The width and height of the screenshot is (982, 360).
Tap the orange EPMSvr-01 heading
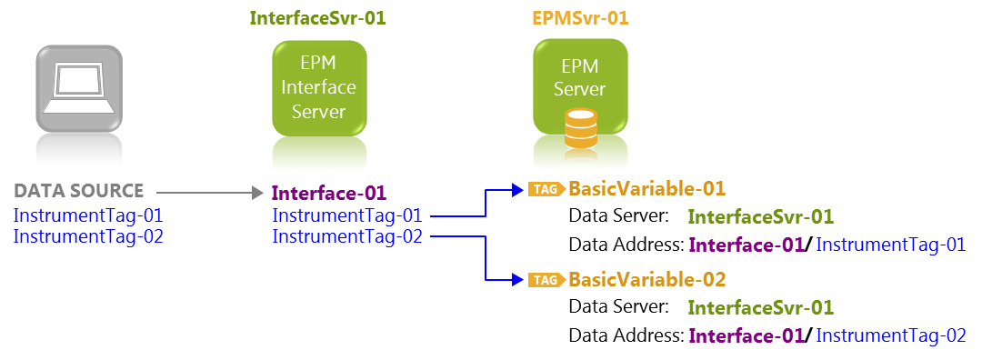[x=580, y=18]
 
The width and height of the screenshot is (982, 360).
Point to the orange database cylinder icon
[x=580, y=129]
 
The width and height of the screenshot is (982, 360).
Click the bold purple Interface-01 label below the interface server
[x=329, y=193]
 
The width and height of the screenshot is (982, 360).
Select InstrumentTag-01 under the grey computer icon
[x=88, y=216]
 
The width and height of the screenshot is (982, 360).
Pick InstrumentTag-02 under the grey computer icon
[x=88, y=235]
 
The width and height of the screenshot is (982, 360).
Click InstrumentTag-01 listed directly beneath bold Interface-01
[x=347, y=215]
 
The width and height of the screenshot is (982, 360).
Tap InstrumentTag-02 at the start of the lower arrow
[x=347, y=236]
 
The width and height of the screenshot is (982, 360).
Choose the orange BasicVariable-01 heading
[x=646, y=189]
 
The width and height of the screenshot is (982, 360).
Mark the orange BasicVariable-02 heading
[x=646, y=279]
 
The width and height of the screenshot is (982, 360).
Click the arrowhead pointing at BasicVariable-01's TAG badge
[x=521, y=190]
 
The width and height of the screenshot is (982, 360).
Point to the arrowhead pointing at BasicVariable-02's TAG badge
[x=521, y=280]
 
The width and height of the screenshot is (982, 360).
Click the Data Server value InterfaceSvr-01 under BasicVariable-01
[x=761, y=217]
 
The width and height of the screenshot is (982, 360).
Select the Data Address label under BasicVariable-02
[x=626, y=335]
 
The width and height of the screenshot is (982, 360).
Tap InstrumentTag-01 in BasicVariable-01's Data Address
[x=890, y=245]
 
